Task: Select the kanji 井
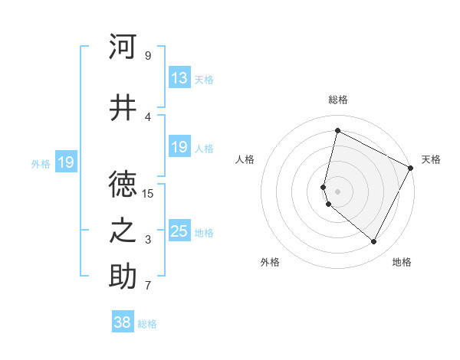123,108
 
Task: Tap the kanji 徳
123,183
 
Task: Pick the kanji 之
123,231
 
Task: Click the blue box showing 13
179,78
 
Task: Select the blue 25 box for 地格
179,231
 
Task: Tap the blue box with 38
123,322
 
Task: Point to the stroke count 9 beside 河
148,55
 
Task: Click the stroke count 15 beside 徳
148,193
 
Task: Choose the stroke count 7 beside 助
148,286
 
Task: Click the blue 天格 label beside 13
204,79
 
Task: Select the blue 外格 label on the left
41,163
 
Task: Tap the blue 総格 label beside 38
147,324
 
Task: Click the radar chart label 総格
338,100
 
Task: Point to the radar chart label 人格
245,159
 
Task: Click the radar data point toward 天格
411,169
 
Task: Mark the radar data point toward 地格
374,242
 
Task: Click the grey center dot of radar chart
337,191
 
